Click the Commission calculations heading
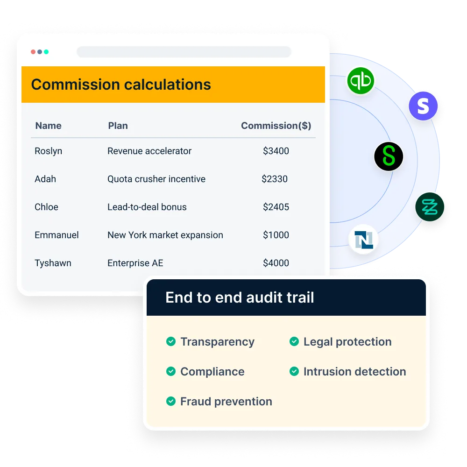(x=121, y=85)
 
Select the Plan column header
(x=118, y=126)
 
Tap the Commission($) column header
(x=276, y=126)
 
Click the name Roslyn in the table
(x=48, y=151)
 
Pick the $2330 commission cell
(x=275, y=179)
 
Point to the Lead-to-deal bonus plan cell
(x=147, y=207)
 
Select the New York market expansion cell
(x=165, y=235)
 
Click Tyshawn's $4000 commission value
(x=276, y=263)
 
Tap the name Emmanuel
(x=57, y=235)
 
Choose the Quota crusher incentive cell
(x=156, y=179)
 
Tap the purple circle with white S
(x=423, y=106)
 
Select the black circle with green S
(x=389, y=156)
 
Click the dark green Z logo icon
(x=430, y=207)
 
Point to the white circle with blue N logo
(x=363, y=241)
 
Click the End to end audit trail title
(x=240, y=297)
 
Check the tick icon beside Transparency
(x=171, y=342)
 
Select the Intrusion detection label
(x=354, y=372)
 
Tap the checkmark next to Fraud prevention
(x=171, y=402)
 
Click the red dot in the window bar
(x=33, y=52)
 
